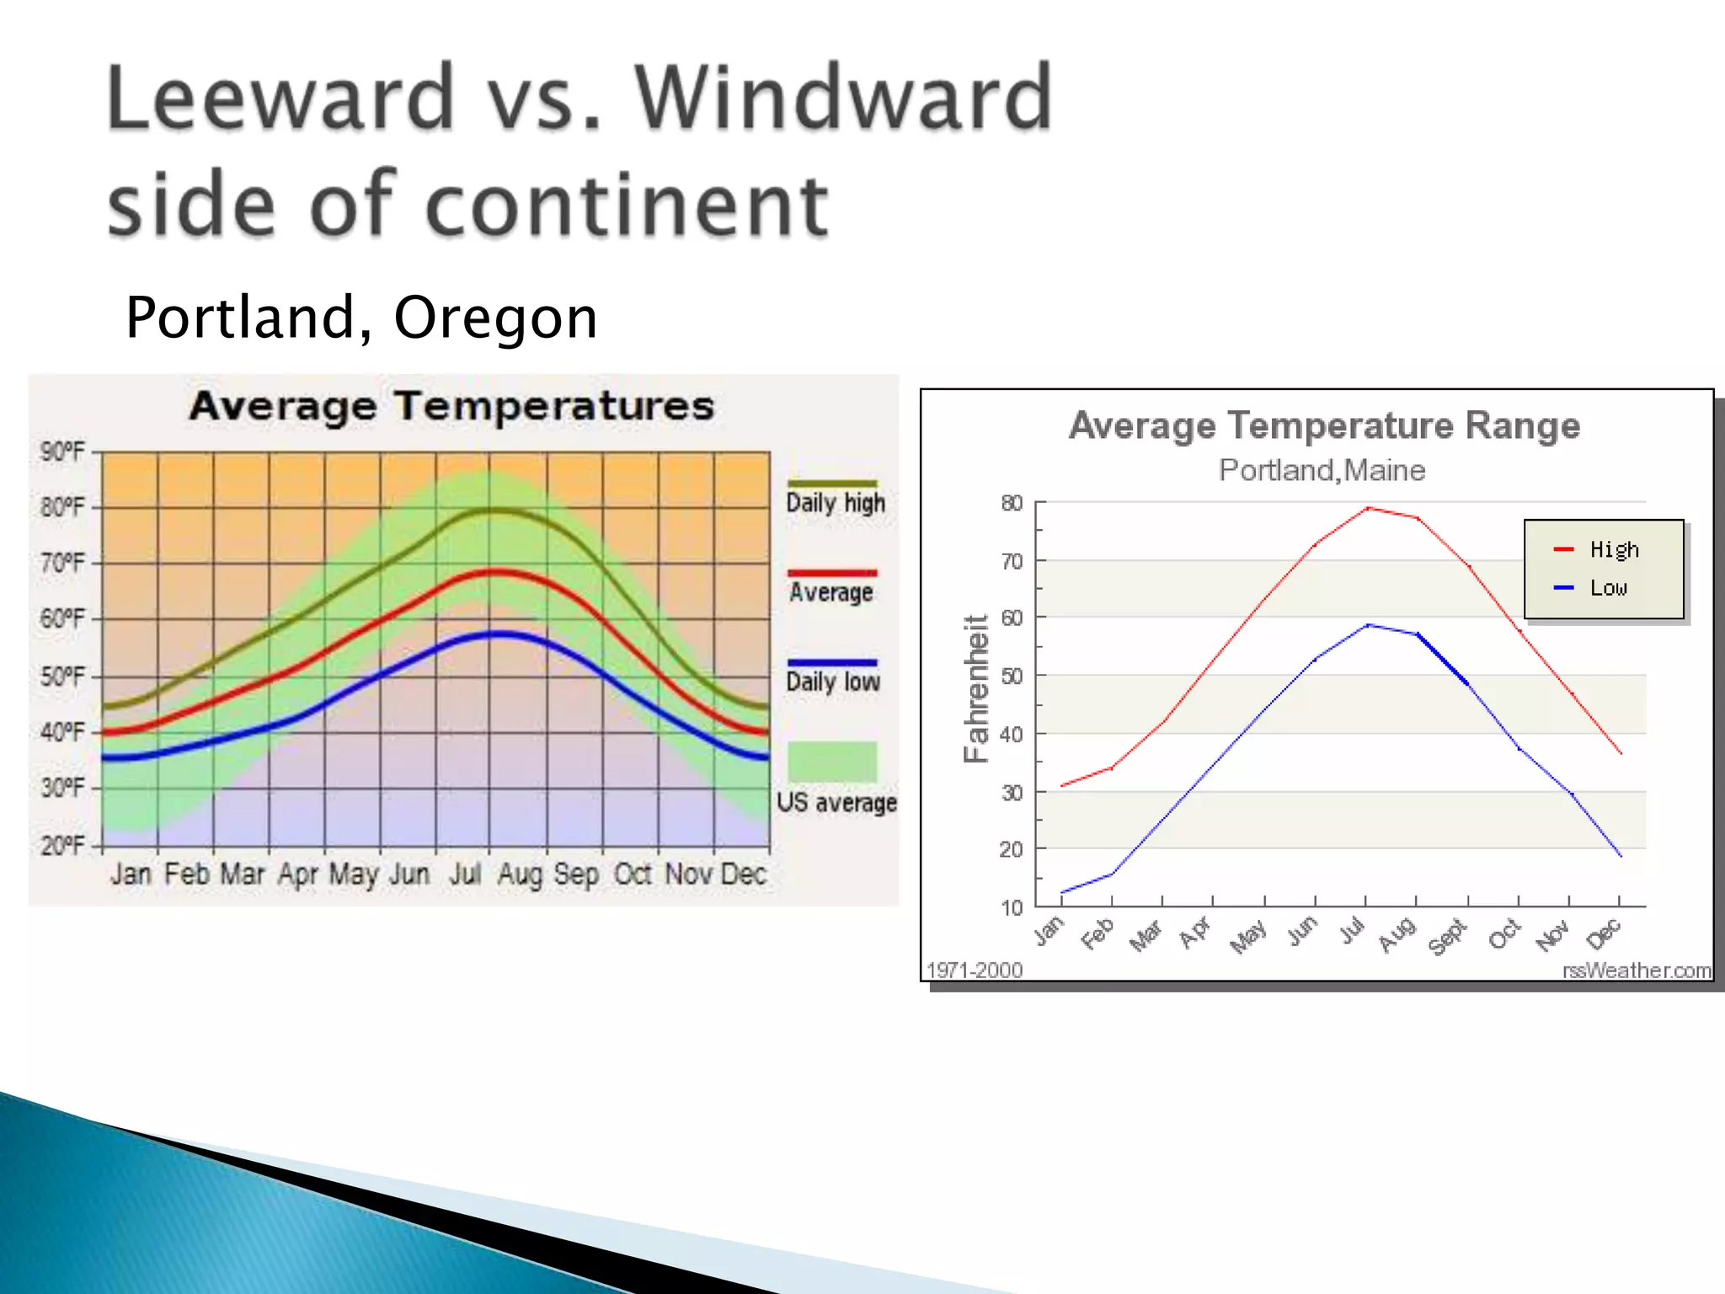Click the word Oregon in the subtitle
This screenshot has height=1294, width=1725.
[x=495, y=318]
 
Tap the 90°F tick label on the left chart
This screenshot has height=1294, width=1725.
[x=62, y=452]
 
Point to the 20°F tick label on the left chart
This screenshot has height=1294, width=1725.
[x=62, y=845]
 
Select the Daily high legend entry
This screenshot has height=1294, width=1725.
[x=835, y=503]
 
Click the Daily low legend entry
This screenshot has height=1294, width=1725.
[x=832, y=681]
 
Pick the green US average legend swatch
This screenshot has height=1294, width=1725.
[x=832, y=762]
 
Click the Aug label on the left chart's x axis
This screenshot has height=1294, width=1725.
[x=519, y=874]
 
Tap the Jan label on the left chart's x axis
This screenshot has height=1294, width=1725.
[x=131, y=874]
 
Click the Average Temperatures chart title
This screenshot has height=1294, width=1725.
[x=451, y=406]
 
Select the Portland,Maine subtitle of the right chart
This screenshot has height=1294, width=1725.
[x=1322, y=470]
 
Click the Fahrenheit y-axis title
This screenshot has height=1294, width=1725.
[x=975, y=689]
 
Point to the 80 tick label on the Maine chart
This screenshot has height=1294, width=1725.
[x=1011, y=503]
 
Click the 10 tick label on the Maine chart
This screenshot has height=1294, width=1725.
[x=1011, y=907]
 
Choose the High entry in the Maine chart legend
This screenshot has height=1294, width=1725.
[x=1613, y=549]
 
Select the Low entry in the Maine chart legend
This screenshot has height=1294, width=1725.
[x=1607, y=587]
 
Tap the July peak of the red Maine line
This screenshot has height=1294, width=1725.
[x=1367, y=508]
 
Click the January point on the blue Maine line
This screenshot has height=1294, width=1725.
[x=1062, y=892]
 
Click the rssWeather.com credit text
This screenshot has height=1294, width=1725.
[x=1636, y=970]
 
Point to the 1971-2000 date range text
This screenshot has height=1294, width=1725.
[x=975, y=970]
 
